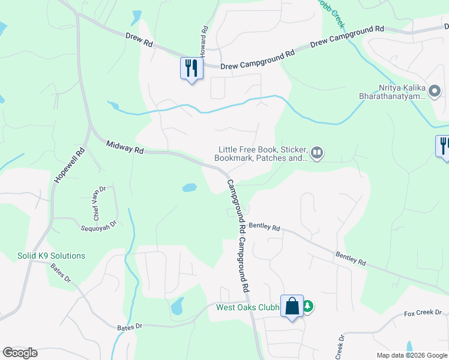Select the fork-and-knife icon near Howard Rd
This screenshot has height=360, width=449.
point(191,67)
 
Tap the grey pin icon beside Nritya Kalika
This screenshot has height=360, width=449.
point(435,92)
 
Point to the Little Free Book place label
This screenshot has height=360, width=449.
point(261,154)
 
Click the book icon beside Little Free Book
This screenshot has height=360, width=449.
point(318,154)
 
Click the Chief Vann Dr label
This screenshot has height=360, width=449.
point(99,196)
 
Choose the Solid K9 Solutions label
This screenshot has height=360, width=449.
point(51,256)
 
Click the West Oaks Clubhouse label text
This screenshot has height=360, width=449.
point(248,308)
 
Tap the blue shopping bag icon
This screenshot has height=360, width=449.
point(292,306)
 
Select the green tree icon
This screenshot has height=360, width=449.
point(308,307)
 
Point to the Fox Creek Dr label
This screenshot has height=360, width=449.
point(423,313)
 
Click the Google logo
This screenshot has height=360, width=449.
point(20,352)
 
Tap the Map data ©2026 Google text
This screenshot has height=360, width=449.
point(411,355)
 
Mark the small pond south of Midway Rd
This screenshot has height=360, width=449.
point(189,187)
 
